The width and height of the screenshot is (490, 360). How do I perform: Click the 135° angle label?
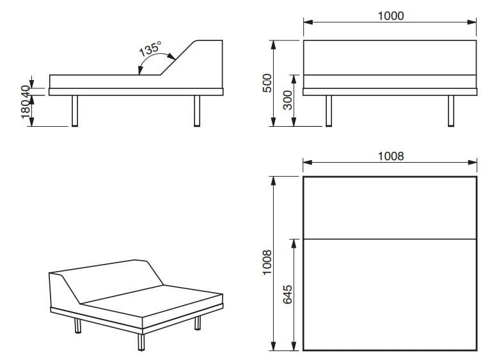(x=150, y=49)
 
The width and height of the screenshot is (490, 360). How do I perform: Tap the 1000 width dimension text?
(x=391, y=16)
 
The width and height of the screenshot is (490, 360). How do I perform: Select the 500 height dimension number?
(x=267, y=83)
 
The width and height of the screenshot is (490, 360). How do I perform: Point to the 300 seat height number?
(x=287, y=100)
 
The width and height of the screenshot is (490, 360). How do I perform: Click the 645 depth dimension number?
(x=287, y=294)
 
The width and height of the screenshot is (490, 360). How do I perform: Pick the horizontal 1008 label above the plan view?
(x=391, y=156)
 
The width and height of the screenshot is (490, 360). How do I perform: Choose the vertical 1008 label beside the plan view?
(x=267, y=263)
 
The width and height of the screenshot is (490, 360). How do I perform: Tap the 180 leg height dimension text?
(x=26, y=110)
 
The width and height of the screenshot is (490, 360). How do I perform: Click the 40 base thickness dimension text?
(x=26, y=92)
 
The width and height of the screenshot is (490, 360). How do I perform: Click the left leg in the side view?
(x=75, y=111)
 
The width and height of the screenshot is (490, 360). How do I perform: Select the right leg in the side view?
(x=197, y=111)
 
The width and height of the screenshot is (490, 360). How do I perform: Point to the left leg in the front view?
(x=329, y=111)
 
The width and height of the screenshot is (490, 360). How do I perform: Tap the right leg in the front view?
(x=451, y=111)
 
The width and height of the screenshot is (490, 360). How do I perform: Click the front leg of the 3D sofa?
(x=141, y=342)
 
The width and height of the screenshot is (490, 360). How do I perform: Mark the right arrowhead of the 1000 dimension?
(x=471, y=22)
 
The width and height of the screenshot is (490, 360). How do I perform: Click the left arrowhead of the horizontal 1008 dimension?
(x=308, y=162)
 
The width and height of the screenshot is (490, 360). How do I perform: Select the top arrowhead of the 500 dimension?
(x=273, y=45)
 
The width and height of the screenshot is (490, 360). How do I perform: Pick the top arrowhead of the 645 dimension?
(x=294, y=244)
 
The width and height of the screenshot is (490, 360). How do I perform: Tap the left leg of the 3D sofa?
(x=77, y=325)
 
